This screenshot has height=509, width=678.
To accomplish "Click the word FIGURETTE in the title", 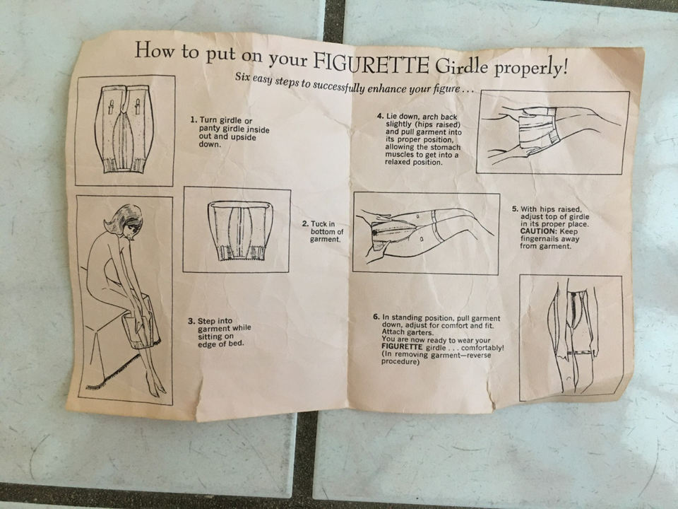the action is click(370, 63).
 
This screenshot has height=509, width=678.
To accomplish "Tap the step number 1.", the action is click(194, 119).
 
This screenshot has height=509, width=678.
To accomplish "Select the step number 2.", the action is click(305, 224).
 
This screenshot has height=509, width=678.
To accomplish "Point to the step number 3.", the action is click(191, 321).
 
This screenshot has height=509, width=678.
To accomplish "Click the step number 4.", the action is click(381, 116).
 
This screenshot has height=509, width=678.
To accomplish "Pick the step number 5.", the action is click(515, 209).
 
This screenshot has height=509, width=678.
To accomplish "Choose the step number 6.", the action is click(376, 317).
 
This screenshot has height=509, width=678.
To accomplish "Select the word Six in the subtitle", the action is click(242, 78).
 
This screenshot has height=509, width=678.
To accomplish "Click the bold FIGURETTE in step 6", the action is click(402, 348).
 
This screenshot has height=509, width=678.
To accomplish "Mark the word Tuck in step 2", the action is click(319, 224).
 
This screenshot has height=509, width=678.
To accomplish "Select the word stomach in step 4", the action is click(446, 147).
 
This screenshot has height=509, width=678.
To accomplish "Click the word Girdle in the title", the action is click(461, 66).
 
